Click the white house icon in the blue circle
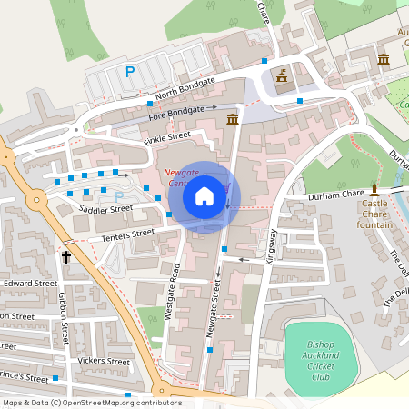click(204, 195)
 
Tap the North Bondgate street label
click(185, 88)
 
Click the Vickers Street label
click(105, 361)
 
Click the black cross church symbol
click(66, 257)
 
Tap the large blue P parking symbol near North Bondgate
click(130, 71)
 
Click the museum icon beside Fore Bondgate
click(233, 119)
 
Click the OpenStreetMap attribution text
click(91, 403)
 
